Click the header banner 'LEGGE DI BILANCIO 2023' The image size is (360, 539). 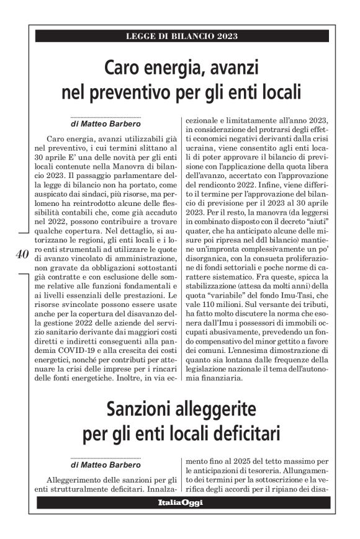tap(182, 37)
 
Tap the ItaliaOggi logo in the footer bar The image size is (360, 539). tap(179, 501)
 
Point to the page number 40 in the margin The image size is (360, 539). tap(20, 254)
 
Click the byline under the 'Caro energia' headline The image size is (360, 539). tap(106, 123)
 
